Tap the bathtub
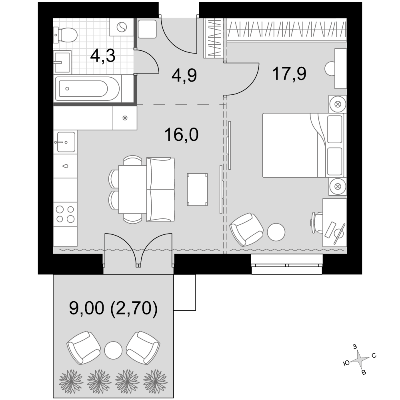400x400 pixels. pyautogui.click(x=87, y=88)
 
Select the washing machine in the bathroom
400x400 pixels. pyautogui.click(x=122, y=27)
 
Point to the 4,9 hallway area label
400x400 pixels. pyautogui.click(x=184, y=75)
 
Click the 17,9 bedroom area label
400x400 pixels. pyautogui.click(x=289, y=74)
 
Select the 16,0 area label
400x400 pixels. pyautogui.click(x=181, y=134)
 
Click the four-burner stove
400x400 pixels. pyautogui.click(x=65, y=214)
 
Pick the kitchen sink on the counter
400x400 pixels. pyautogui.click(x=65, y=142)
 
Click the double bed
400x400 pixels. pyautogui.click(x=303, y=145)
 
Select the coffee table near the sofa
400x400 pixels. pyautogui.click(x=197, y=189)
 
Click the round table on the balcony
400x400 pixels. pyautogui.click(x=113, y=350)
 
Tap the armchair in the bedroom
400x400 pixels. pyautogui.click(x=246, y=229)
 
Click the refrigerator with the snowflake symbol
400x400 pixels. pyautogui.click(x=125, y=118)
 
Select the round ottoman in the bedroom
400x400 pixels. pyautogui.click(x=276, y=232)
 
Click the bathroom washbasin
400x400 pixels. pyautogui.click(x=62, y=62)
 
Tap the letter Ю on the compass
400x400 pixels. pyautogui.click(x=346, y=363)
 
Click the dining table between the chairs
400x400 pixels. pyautogui.click(x=133, y=189)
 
